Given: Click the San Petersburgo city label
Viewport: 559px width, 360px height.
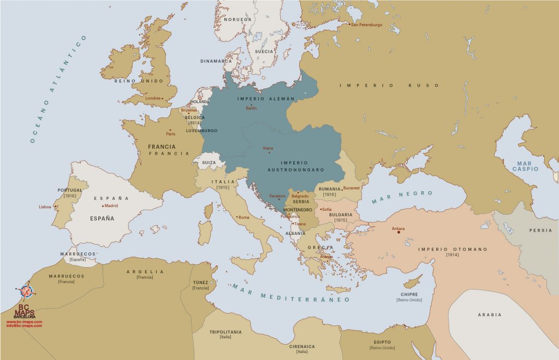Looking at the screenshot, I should [367, 25].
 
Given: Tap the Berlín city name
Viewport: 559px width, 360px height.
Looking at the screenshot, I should [251, 108].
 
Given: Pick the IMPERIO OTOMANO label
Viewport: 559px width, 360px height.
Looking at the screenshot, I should [453, 249].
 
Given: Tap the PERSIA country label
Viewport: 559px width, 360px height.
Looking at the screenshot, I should [540, 231].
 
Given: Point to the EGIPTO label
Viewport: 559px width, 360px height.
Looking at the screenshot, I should [382, 342].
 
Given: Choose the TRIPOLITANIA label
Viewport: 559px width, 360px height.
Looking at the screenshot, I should [225, 332].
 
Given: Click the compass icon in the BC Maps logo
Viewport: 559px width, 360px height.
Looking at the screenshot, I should [26, 291].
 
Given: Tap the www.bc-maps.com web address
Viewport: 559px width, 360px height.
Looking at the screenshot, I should [24, 322].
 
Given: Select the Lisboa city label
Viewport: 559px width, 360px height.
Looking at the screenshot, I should [45, 207].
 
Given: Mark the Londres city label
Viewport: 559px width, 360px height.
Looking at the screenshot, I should [153, 98].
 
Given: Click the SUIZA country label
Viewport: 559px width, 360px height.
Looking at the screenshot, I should [209, 162].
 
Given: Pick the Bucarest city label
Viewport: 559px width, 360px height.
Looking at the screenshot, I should [352, 188].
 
